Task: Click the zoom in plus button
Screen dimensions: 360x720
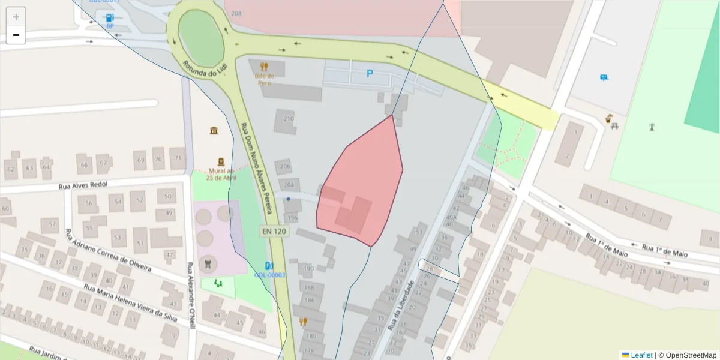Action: (x=16, y=17)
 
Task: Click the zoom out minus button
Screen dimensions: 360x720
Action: (x=16, y=35)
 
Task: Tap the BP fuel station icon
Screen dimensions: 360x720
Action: (x=110, y=18)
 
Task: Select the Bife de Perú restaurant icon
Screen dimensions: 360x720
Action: (x=264, y=66)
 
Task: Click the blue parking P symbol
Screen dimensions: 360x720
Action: (x=370, y=74)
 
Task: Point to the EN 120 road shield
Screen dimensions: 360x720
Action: (x=272, y=230)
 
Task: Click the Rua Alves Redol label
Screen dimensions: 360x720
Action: (x=83, y=185)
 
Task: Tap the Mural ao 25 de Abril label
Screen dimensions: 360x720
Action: (x=221, y=174)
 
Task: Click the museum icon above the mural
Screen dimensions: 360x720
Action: (x=214, y=131)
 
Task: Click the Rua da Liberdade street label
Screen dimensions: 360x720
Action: (x=402, y=306)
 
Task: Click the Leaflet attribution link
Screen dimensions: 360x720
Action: (x=641, y=355)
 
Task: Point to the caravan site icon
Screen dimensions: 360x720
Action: (x=603, y=77)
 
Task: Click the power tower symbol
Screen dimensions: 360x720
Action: (x=652, y=127)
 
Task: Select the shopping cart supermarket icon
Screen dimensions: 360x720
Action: (x=208, y=262)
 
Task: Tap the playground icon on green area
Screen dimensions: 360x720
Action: (x=218, y=282)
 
